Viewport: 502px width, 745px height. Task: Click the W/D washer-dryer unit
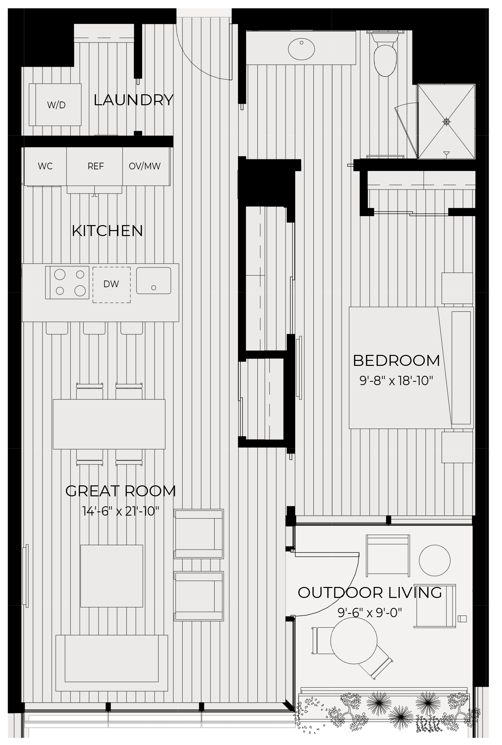click(x=55, y=105)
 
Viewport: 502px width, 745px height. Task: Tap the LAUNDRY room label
click(x=133, y=100)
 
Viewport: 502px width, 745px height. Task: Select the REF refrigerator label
click(x=96, y=166)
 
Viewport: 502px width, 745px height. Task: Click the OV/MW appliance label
click(x=145, y=166)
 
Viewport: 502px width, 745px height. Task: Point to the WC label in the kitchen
click(x=45, y=166)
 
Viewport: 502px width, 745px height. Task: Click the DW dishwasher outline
click(x=112, y=285)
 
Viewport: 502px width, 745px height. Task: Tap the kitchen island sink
click(x=154, y=281)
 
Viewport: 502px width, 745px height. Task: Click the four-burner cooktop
click(x=67, y=283)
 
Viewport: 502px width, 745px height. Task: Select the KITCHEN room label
click(x=107, y=231)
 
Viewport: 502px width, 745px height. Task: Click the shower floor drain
click(x=447, y=122)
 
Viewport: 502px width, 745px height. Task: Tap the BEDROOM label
click(x=396, y=361)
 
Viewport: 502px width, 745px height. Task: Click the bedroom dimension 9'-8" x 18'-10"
click(x=396, y=380)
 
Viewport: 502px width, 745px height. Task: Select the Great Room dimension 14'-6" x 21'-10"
click(x=121, y=511)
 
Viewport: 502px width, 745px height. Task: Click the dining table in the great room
click(x=109, y=424)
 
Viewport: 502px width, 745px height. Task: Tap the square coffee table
click(x=112, y=576)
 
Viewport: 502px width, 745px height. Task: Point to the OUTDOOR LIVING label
click(x=370, y=593)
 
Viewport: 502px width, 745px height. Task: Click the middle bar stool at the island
click(x=94, y=328)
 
